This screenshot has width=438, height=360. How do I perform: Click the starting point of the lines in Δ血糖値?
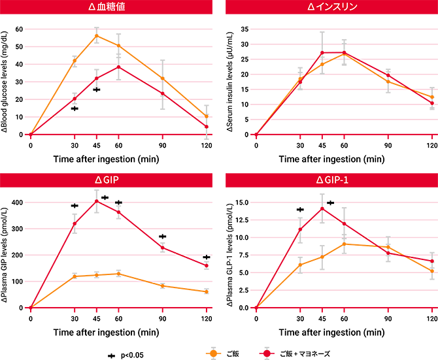[27, 131]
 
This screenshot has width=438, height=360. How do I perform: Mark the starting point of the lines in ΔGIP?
[27, 306]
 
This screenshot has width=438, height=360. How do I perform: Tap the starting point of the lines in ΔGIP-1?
[254, 306]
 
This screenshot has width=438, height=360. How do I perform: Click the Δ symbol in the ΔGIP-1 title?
[320, 180]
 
